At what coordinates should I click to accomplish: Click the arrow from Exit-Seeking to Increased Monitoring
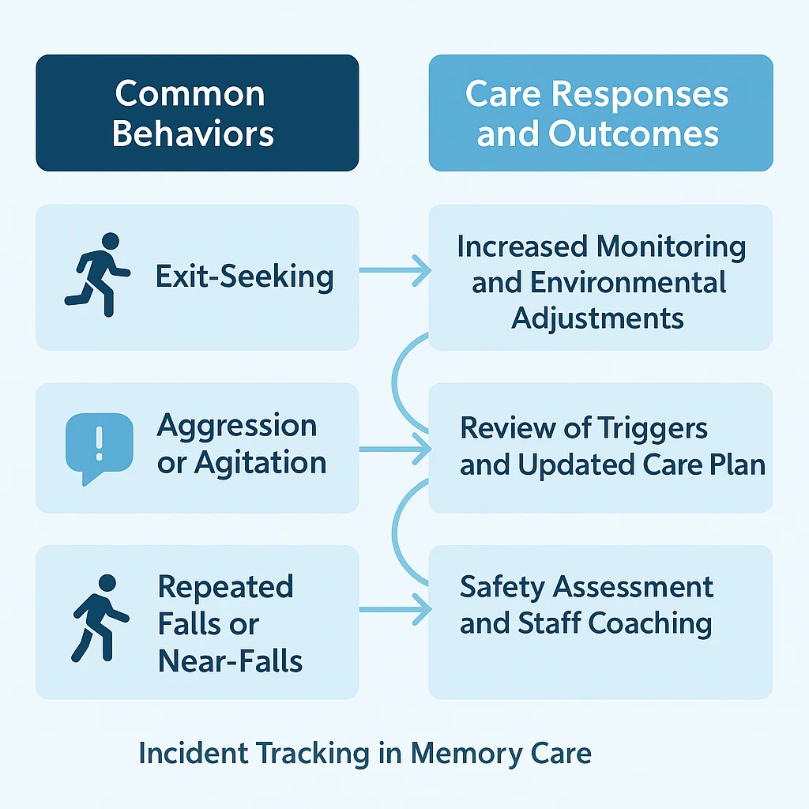(395, 272)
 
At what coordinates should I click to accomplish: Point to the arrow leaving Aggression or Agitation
(395, 450)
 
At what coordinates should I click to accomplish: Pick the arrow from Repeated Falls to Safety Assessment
(395, 609)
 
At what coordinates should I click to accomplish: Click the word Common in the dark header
(190, 94)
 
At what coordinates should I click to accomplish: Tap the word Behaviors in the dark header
(193, 134)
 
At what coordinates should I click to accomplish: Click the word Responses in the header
(638, 94)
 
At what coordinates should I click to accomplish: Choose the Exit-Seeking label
(244, 277)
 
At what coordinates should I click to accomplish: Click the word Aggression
(237, 425)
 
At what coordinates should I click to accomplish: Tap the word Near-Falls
(230, 660)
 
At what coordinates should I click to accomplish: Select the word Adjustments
(598, 318)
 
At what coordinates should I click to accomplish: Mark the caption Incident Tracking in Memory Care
(364, 753)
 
